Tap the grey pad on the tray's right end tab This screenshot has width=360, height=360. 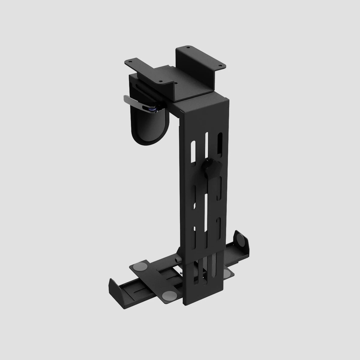[x=241, y=240]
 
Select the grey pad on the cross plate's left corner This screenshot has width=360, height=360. [x=139, y=266]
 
